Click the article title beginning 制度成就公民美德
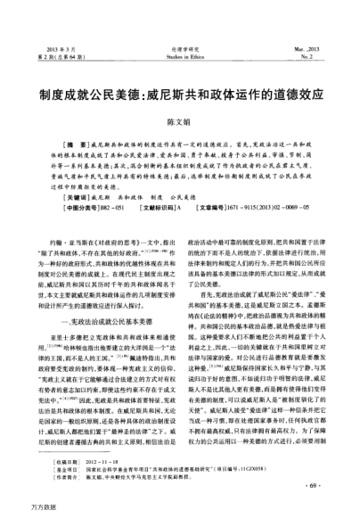pyautogui.click(x=179, y=91)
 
